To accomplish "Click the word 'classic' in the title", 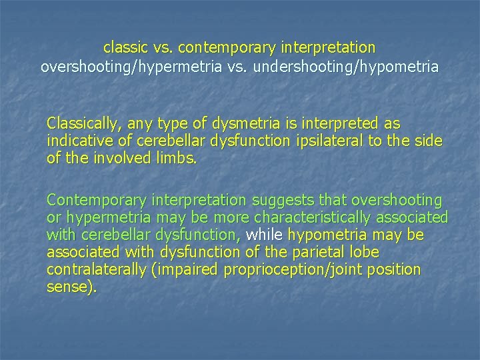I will click(125, 48).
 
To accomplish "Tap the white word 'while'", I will click(265, 236).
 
